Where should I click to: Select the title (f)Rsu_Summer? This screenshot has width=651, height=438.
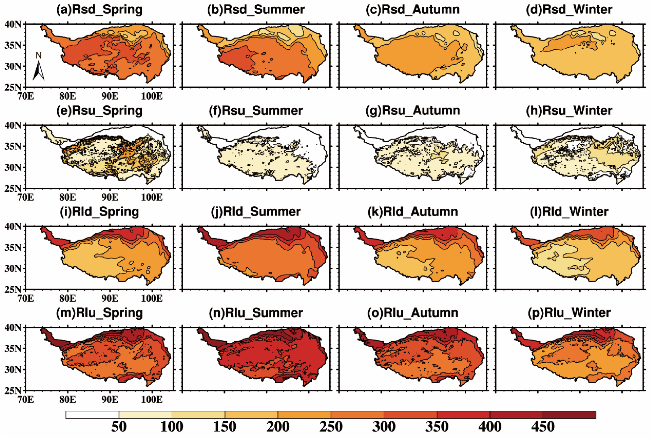256,111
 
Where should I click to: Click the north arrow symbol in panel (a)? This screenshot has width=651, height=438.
39,68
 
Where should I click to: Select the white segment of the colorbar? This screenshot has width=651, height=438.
92,415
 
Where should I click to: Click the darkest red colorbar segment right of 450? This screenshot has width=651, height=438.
569,415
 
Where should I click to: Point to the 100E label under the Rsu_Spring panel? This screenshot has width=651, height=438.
152,197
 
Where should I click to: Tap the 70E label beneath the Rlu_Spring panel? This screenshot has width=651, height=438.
25,400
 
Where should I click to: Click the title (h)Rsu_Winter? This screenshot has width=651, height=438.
569,111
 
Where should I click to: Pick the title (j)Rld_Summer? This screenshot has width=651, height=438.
256,212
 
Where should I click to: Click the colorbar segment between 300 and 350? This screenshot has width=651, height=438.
410,415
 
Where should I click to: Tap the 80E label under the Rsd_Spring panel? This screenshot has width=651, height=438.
67,96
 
